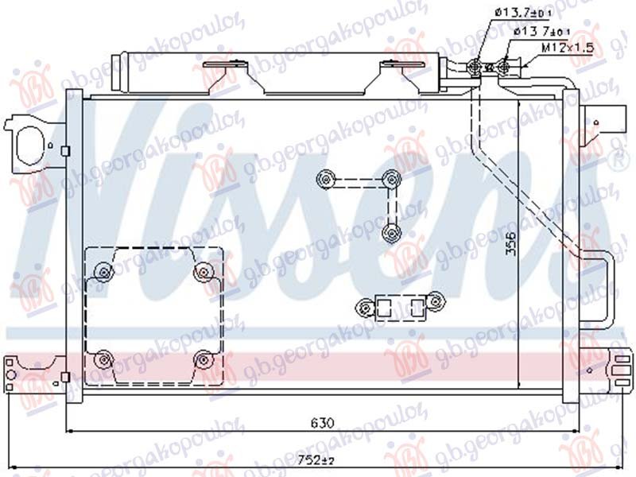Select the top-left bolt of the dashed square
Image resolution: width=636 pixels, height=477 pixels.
click(x=103, y=272)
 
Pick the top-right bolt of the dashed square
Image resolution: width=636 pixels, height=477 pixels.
click(x=204, y=272)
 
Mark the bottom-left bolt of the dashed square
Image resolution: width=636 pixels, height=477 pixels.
click(x=103, y=361)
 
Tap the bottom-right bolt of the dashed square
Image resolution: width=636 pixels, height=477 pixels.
click(x=204, y=361)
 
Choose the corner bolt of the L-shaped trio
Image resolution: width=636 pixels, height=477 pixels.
click(x=390, y=179)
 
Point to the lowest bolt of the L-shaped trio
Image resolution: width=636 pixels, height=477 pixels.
click(x=390, y=232)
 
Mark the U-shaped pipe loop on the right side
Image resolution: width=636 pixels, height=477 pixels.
click(x=601, y=286)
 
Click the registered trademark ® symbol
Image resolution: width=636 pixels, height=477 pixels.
click(x=615, y=164)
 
